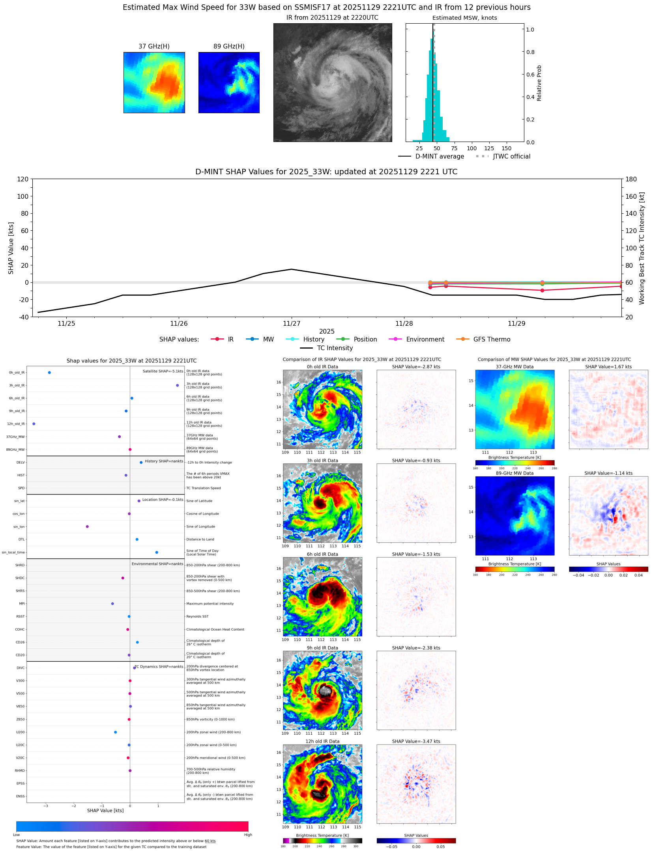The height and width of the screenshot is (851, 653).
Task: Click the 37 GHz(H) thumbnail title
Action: (x=154, y=47)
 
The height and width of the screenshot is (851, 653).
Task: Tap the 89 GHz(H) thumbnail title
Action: (x=229, y=47)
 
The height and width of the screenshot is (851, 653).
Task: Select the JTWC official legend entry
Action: (x=511, y=157)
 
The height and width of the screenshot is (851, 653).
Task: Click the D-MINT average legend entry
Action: (x=440, y=157)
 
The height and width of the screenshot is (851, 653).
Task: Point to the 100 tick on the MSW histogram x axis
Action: (x=472, y=149)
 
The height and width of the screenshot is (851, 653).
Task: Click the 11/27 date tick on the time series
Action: (x=292, y=324)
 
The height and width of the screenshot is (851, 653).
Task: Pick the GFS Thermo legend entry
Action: (x=492, y=340)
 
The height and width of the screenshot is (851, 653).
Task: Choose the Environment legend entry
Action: (x=425, y=340)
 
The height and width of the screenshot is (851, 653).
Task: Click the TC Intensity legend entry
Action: (x=335, y=348)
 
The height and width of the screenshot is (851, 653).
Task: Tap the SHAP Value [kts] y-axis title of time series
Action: (x=11, y=248)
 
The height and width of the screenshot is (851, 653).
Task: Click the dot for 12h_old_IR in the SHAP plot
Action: (x=34, y=424)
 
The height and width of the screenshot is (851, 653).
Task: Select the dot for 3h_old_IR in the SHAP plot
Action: (x=178, y=385)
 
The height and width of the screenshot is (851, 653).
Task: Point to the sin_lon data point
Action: (x=87, y=526)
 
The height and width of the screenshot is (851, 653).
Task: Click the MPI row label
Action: (x=22, y=604)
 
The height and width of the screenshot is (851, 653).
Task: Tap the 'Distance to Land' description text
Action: (x=200, y=539)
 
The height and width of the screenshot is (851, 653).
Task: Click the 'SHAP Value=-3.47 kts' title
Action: (x=416, y=741)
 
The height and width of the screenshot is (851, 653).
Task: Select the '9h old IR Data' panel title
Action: (x=322, y=648)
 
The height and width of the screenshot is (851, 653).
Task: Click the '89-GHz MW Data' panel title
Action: (x=515, y=473)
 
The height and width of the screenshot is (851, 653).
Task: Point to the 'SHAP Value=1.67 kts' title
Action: (x=608, y=367)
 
